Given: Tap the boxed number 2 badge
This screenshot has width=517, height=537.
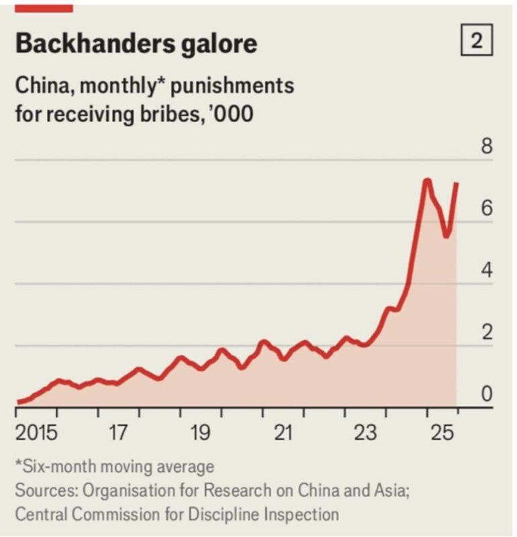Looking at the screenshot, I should click(x=477, y=42).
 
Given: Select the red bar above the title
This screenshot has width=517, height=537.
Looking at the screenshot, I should click(x=43, y=7).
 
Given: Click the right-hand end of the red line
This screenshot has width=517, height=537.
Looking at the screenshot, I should click(x=457, y=183).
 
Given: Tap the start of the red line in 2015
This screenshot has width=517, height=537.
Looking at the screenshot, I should click(x=19, y=402).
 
